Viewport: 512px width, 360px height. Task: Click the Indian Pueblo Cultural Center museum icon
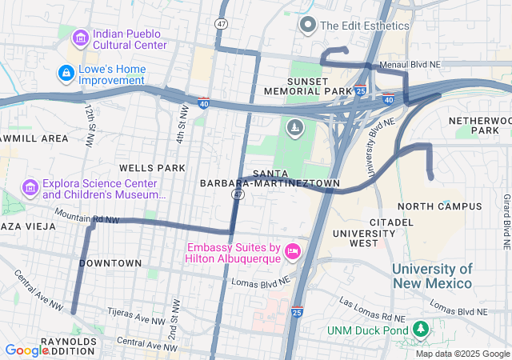click(x=80, y=38)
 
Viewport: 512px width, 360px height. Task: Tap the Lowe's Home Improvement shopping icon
click(x=66, y=74)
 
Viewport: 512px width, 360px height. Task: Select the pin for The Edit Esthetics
click(x=307, y=26)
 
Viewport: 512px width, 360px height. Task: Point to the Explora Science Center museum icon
click(x=30, y=188)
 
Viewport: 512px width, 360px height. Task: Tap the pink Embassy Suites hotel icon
click(x=293, y=252)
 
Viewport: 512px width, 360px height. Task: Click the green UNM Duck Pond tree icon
click(x=419, y=330)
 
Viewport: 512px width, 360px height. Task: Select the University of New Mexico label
click(x=432, y=276)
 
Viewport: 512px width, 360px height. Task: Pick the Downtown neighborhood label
click(x=110, y=263)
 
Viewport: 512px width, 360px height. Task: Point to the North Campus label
click(x=439, y=206)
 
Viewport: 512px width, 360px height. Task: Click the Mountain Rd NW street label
click(x=86, y=216)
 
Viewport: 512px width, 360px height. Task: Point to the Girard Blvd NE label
click(x=506, y=218)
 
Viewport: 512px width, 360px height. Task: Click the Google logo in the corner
click(x=26, y=350)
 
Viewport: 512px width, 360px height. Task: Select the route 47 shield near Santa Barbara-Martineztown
click(x=238, y=194)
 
